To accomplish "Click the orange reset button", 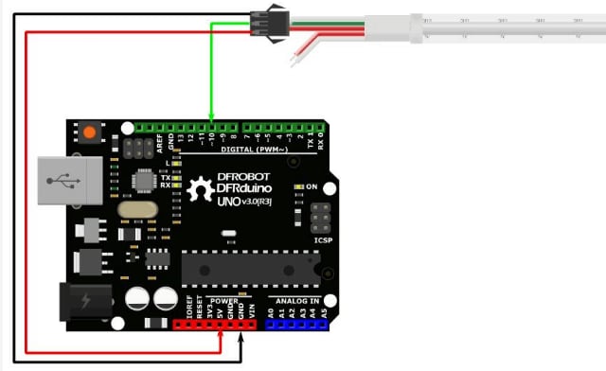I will [x=91, y=133].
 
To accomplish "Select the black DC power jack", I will [x=83, y=303].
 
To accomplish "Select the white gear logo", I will [x=201, y=189].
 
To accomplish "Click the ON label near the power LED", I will [x=312, y=186].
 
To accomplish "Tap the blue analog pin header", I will [x=297, y=324].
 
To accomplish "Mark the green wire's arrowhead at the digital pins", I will [x=211, y=119].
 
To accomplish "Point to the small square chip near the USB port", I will [x=145, y=181].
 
